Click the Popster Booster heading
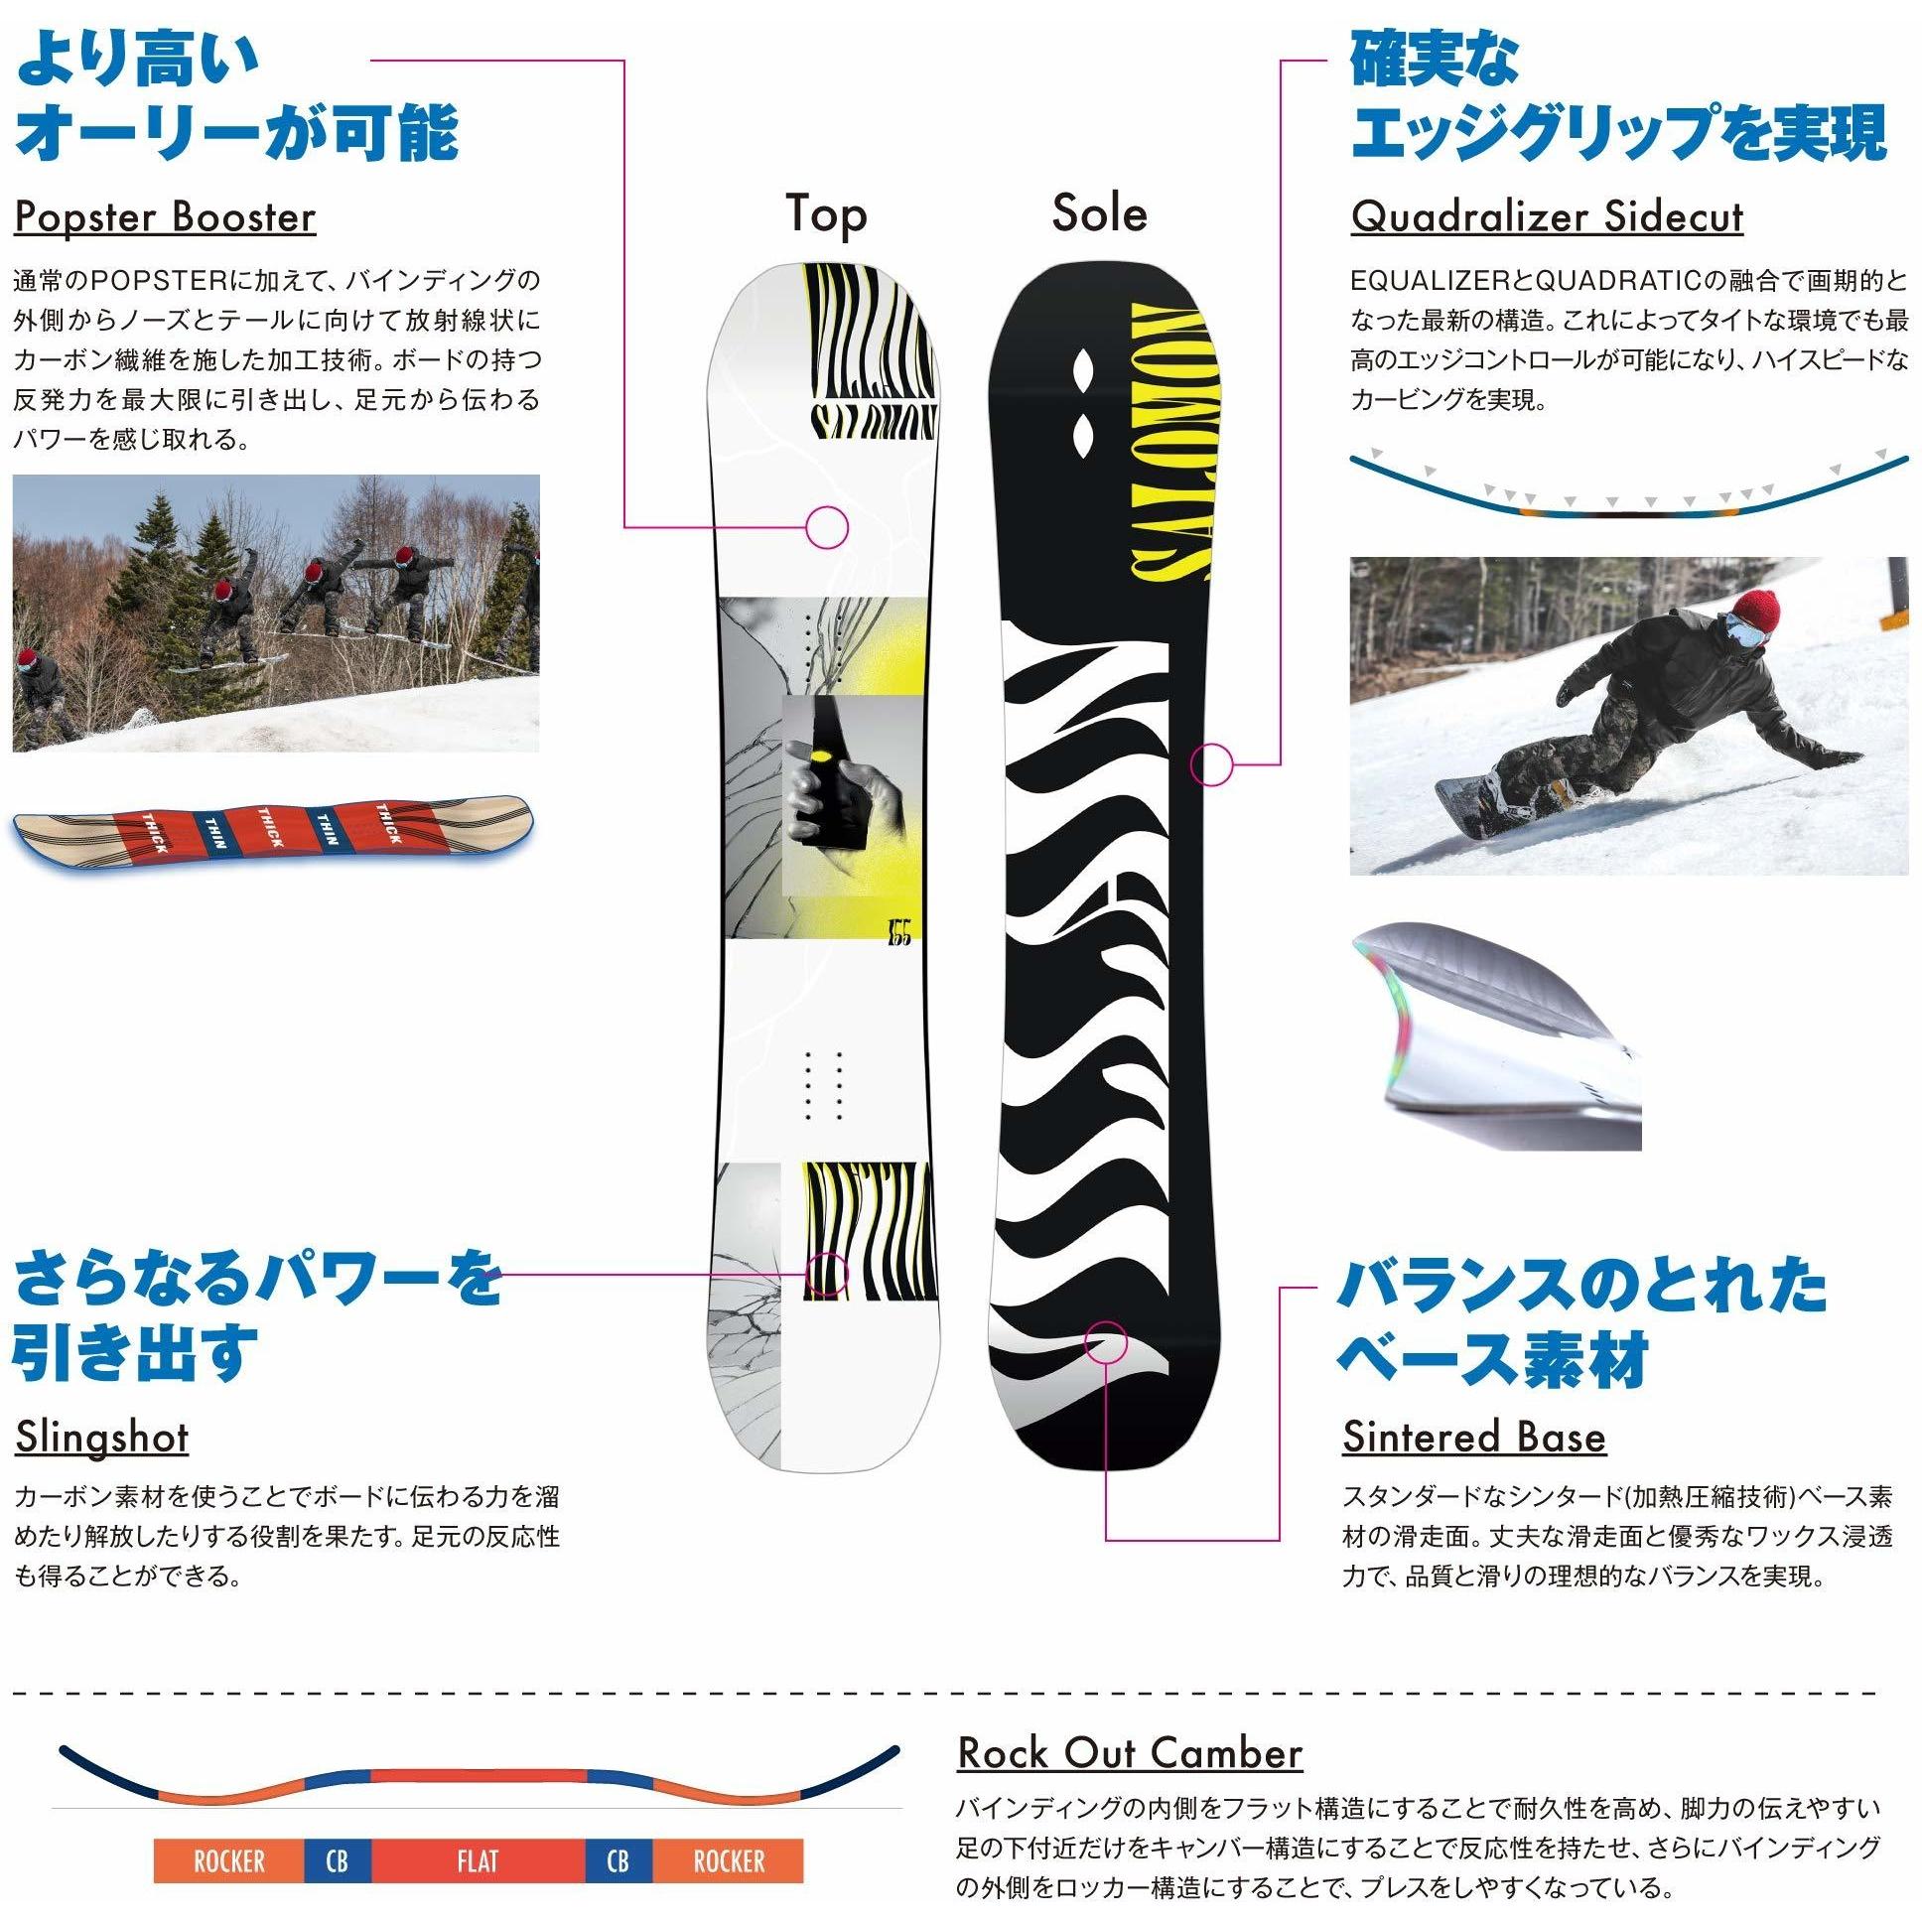pyautogui.click(x=165, y=215)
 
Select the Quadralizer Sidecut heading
pyautogui.click(x=1547, y=215)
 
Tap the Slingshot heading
pyautogui.click(x=101, y=1437)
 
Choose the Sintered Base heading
pyautogui.click(x=1474, y=1437)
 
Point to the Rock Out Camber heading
pyautogui.click(x=1130, y=1753)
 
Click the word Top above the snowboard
pyautogui.click(x=826, y=213)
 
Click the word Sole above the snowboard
pyautogui.click(x=1099, y=212)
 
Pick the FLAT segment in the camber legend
pyautogui.click(x=479, y=1860)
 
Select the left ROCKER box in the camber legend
pyautogui.click(x=228, y=1860)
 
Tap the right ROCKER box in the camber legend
pyautogui.click(x=730, y=1860)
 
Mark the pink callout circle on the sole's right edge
pyautogui.click(x=1212, y=764)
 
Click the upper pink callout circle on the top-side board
pyautogui.click(x=827, y=526)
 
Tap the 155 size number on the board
pyautogui.click(x=898, y=933)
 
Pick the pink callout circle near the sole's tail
pyautogui.click(x=1105, y=1343)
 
